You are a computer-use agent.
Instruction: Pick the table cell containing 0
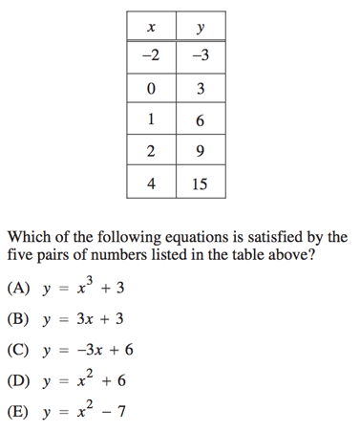click(x=151, y=90)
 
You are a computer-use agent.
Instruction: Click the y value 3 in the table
click(x=200, y=90)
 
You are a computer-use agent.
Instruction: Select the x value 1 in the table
click(x=151, y=120)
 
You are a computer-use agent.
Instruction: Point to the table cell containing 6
click(x=200, y=120)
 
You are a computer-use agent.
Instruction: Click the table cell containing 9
click(x=200, y=151)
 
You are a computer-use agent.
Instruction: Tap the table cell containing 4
click(x=151, y=183)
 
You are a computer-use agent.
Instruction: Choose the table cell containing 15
click(x=200, y=183)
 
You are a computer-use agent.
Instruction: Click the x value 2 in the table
click(x=151, y=151)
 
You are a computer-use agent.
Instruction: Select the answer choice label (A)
click(x=18, y=289)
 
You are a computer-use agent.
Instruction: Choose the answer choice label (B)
click(x=18, y=320)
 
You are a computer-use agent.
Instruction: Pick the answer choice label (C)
click(x=18, y=351)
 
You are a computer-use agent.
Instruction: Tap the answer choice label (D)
click(x=18, y=381)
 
